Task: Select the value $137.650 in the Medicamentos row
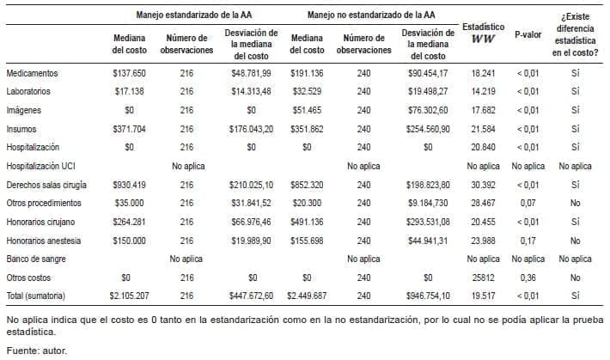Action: point(129,73)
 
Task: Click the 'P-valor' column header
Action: point(528,36)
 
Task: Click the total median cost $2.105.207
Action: point(129,296)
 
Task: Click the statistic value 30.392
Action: point(484,184)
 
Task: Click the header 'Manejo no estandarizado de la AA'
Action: point(371,15)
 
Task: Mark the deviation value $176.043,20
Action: point(253,129)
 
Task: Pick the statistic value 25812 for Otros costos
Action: point(484,278)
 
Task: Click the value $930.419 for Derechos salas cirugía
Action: point(129,184)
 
